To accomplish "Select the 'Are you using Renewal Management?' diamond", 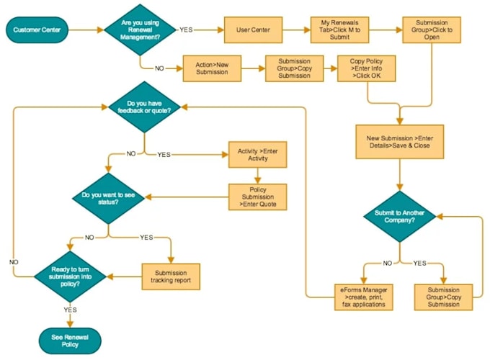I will (141, 30).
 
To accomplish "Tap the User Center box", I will (252, 30).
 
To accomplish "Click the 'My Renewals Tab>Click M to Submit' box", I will (339, 30).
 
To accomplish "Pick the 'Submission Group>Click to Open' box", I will (432, 30).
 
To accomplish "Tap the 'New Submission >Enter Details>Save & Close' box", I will (398, 141).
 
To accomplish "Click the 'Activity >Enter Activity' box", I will (257, 156).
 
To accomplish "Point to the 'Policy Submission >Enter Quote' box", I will (257, 196).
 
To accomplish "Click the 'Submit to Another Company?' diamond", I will (399, 215).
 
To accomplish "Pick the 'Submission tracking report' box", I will (171, 276).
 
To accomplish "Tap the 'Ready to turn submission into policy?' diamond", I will (71, 276).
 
